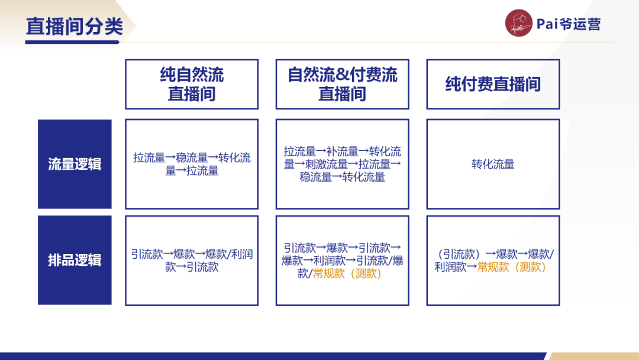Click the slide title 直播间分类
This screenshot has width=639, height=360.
pos(75,27)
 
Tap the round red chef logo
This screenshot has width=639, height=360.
pos(519,24)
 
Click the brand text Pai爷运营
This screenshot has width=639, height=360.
pos(568,24)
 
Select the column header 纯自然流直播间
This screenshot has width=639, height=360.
pos(192,84)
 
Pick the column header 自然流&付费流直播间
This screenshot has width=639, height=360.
pos(342,84)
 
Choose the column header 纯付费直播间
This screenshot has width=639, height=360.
pos(493,84)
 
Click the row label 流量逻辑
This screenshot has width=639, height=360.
pos(75,164)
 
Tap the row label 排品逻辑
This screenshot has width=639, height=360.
pos(75,260)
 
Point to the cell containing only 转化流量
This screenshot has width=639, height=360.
pos(493,164)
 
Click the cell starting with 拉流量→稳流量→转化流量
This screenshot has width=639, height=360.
pos(192,164)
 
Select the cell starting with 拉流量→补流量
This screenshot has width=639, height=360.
pos(342,164)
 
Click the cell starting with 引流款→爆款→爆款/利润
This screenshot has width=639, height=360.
pos(192,260)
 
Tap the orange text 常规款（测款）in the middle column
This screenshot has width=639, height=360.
pos(348,274)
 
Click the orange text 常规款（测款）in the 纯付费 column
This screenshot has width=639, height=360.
pos(512,267)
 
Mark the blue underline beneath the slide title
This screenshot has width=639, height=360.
pos(75,42)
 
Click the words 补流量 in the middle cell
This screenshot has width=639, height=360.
pos(342,152)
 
